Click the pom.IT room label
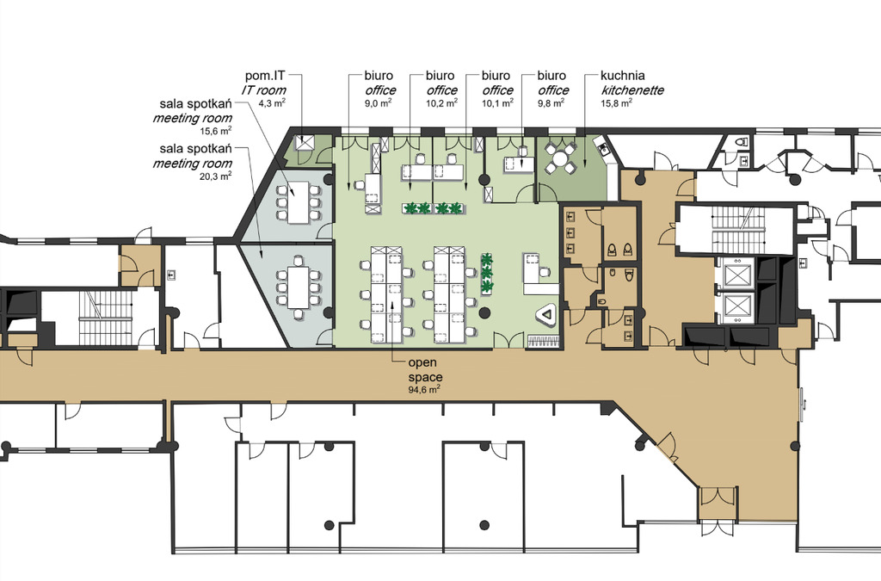[x=265, y=83]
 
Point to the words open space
[x=425, y=370]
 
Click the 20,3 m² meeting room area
[x=216, y=176]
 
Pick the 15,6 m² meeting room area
[x=216, y=130]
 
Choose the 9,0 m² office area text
[x=379, y=102]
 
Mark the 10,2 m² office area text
[x=441, y=102]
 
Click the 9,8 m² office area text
[x=551, y=102]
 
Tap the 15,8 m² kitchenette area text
[x=616, y=102]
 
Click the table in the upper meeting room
[x=298, y=202]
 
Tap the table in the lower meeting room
[x=298, y=287]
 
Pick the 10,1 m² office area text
[x=497, y=102]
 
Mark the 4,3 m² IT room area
[x=272, y=102]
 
